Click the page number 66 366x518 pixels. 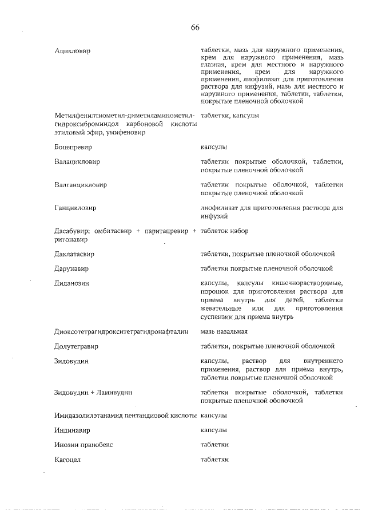point(195,27)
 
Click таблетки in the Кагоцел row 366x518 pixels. point(214,460)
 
